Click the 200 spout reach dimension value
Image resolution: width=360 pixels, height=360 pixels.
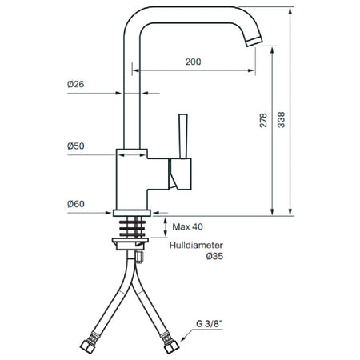coord(194,62)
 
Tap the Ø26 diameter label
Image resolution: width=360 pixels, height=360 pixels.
coord(76,84)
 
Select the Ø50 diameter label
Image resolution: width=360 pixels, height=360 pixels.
coord(76,146)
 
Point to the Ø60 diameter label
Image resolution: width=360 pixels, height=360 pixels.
coord(76,204)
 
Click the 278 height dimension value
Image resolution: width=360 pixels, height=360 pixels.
coord(263,120)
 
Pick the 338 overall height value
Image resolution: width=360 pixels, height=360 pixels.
coord(281,120)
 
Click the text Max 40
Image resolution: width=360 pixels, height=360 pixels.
coord(187,227)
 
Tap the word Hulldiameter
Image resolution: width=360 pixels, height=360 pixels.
coord(196,245)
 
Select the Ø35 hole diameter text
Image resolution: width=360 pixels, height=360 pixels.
coord(214,256)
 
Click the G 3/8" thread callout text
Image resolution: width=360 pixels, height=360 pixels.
coord(210,324)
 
